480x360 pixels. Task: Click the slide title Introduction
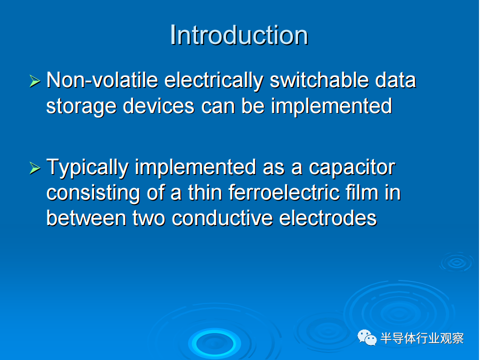coord(239,35)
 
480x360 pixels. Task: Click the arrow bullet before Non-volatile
coord(34,81)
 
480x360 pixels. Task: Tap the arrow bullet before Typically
coord(34,168)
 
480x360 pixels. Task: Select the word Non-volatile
coord(102,80)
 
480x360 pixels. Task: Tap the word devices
coord(158,106)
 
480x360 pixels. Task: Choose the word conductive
coord(222,218)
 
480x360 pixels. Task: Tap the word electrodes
coord(328,218)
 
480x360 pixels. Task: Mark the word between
coord(86,218)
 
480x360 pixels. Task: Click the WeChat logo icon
coord(367,337)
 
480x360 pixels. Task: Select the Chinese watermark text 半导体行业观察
coord(422,338)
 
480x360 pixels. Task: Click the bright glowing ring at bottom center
coord(214,344)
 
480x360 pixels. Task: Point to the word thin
coord(205,192)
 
